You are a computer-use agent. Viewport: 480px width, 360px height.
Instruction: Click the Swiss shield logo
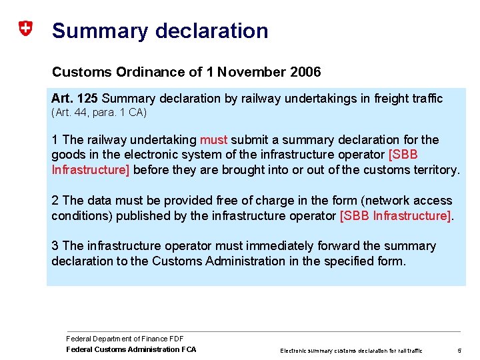25,29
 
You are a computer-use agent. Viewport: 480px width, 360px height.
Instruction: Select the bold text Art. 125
75,99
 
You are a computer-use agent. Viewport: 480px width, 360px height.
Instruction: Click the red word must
214,140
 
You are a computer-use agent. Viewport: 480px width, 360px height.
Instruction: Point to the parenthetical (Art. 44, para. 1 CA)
99,113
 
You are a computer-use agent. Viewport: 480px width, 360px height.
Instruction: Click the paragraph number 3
55,246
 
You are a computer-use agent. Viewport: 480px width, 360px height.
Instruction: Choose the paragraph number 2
55,201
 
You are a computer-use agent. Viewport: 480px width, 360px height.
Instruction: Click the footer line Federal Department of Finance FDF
125,339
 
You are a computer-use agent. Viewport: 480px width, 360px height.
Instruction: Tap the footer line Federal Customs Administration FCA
131,349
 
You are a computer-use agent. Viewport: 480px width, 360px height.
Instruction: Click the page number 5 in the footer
459,350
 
